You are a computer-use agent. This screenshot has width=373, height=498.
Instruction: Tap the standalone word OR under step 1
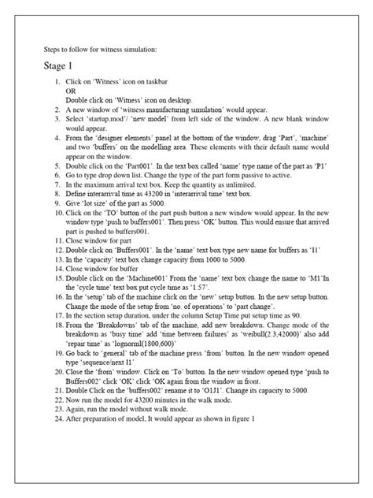click(70, 91)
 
